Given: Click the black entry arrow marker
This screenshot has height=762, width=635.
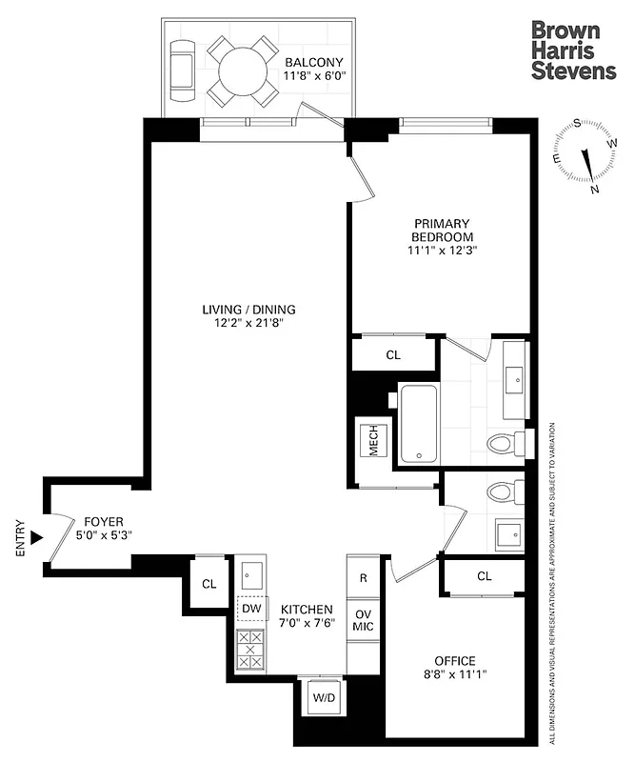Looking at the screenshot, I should (37, 538).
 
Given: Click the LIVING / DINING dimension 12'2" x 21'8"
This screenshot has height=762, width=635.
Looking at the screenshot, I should (248, 324).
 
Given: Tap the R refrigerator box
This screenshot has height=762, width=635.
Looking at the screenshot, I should (364, 577).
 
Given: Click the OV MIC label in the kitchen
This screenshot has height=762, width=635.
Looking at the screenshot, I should (363, 620).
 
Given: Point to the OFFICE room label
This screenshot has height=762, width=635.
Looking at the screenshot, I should (454, 661).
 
